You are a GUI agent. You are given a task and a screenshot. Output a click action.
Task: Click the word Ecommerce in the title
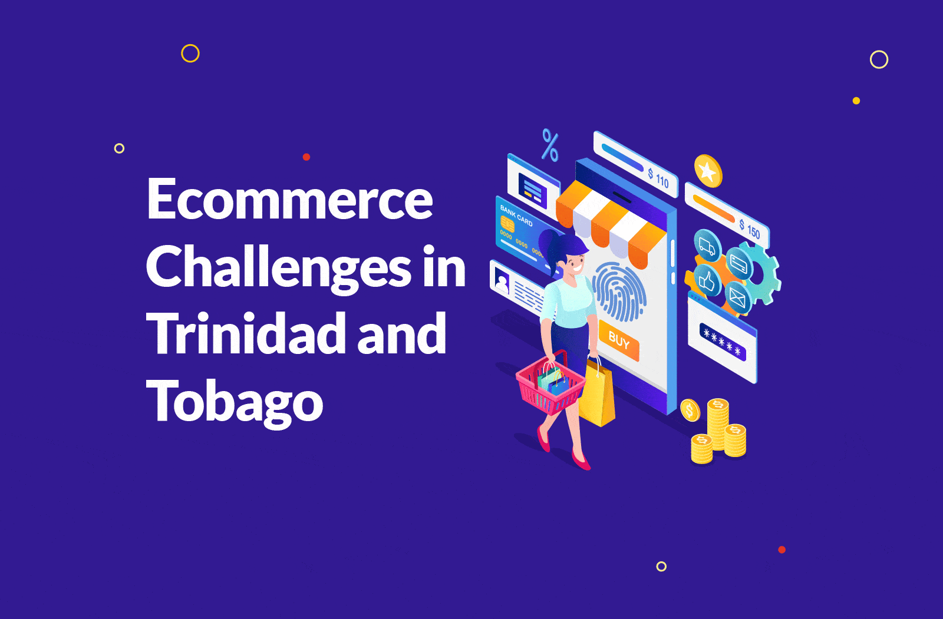[x=289, y=198]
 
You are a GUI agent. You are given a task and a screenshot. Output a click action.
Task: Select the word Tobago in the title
[x=235, y=402]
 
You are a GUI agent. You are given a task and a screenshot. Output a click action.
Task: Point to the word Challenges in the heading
[x=279, y=267]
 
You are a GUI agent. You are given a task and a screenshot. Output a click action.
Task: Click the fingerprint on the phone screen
[x=619, y=291]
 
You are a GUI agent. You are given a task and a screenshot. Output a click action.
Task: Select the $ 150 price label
[x=749, y=229]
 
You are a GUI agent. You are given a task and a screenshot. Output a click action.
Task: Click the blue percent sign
[x=550, y=145]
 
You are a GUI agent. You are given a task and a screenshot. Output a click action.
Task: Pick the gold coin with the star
[x=708, y=171]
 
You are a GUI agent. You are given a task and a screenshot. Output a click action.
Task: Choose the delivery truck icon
[x=707, y=246]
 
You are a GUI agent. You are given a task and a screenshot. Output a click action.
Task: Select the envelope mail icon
[x=737, y=298]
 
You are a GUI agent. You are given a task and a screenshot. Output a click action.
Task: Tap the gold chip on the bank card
[x=507, y=223]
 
